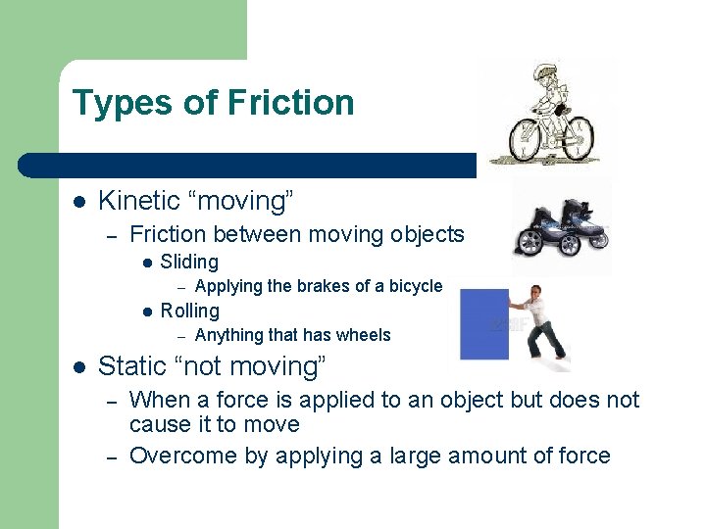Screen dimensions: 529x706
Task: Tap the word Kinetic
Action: point(138,201)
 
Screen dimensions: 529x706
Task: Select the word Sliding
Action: point(189,262)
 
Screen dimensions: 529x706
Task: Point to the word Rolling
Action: point(189,311)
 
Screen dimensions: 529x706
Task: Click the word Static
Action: point(132,366)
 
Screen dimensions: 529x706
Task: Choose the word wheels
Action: point(363,335)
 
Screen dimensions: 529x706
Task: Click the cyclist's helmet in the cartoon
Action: point(545,72)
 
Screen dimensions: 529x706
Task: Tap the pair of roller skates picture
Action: point(561,227)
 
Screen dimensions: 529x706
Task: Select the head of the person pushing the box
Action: point(534,293)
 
